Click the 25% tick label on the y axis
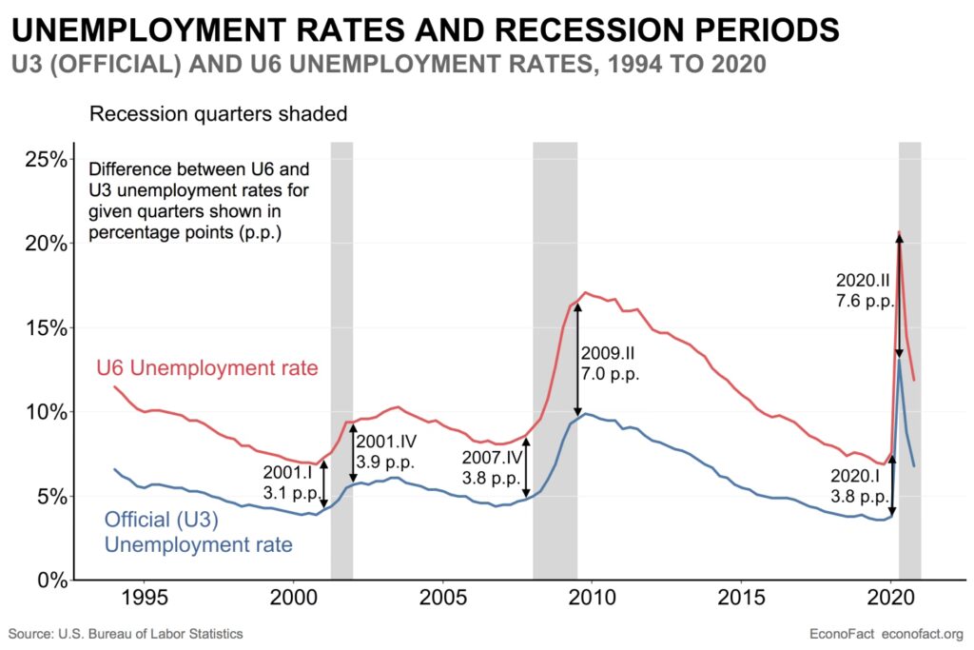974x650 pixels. pyautogui.click(x=45, y=159)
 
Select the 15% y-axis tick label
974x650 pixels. pyautogui.click(x=45, y=327)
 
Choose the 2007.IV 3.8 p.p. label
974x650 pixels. pyautogui.click(x=491, y=469)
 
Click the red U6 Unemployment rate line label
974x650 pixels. pyautogui.click(x=207, y=367)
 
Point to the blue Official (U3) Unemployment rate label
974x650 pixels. pyautogui.click(x=198, y=533)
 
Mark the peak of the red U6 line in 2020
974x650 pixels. pyautogui.click(x=899, y=231)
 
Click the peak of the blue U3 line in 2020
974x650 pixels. pyautogui.click(x=900, y=359)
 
